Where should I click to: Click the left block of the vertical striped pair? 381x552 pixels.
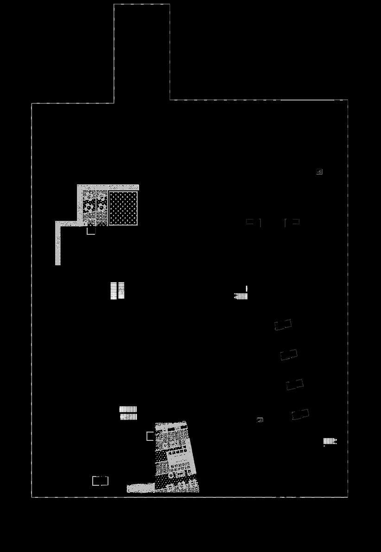coord(114,290)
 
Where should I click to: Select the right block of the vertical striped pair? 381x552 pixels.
coord(121,290)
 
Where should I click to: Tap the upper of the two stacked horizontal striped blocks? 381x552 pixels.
coord(128,409)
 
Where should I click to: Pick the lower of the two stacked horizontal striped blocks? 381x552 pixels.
coord(128,417)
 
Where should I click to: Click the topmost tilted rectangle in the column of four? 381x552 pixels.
coord(283,325)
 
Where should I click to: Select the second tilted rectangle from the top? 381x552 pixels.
coord(289,355)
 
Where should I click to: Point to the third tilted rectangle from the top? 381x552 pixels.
coord(295,384)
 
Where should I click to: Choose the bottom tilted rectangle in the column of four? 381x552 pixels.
coord(300,414)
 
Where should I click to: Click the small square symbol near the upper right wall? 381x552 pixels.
coord(319,172)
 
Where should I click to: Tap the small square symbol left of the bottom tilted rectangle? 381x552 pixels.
coord(260,420)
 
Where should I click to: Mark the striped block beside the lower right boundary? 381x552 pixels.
coord(330,441)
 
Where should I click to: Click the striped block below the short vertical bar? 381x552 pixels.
coord(241,296)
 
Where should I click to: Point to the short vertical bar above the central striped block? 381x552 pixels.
coord(247,289)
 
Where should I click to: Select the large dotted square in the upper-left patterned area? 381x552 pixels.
coord(123,208)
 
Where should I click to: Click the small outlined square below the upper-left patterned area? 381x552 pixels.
coord(91,230)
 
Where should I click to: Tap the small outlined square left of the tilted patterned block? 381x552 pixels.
coord(150,436)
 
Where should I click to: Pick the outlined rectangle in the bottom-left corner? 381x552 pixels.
coord(100,481)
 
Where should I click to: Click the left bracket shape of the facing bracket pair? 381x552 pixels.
coord(253,222)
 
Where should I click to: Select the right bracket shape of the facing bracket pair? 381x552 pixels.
coord(292,222)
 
